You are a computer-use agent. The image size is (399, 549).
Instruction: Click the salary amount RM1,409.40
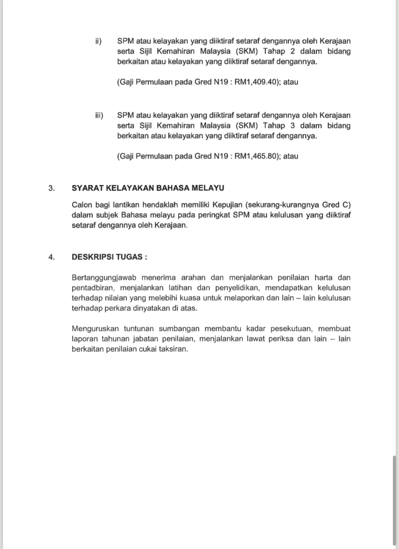pyautogui.click(x=255, y=82)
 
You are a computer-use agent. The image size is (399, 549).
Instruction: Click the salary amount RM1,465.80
pyautogui.click(x=255, y=157)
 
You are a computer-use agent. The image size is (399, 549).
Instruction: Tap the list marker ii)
pyautogui.click(x=98, y=41)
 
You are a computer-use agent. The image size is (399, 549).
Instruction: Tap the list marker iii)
pyautogui.click(x=99, y=116)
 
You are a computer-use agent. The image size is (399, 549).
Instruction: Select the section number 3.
pyautogui.click(x=51, y=188)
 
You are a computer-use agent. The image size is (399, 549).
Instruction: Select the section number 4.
pyautogui.click(x=51, y=257)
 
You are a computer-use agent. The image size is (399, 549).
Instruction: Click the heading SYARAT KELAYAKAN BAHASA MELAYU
pyautogui.click(x=148, y=188)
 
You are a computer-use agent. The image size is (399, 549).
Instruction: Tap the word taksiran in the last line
pyautogui.click(x=173, y=350)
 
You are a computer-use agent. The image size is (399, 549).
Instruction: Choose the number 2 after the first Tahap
pyautogui.click(x=293, y=51)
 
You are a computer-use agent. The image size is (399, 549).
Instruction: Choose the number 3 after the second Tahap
pyautogui.click(x=293, y=126)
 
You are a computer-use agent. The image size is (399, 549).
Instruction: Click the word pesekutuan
pyautogui.click(x=291, y=329)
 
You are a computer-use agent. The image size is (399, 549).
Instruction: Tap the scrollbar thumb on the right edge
pyautogui.click(x=395, y=501)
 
